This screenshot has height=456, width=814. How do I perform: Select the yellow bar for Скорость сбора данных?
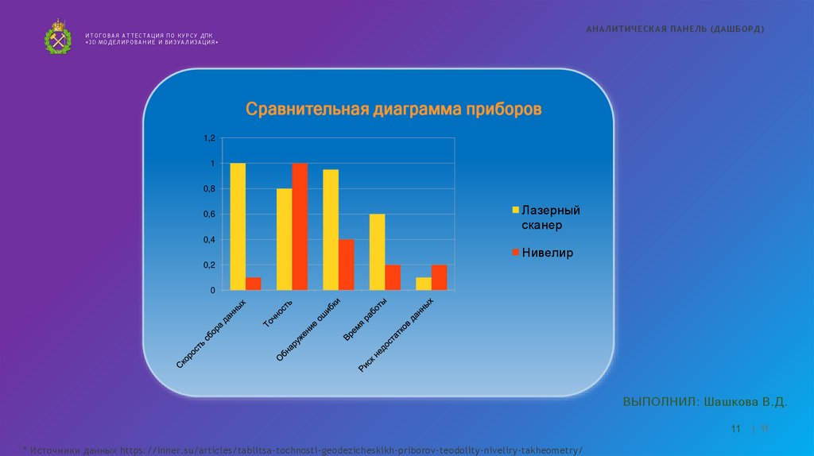(238, 226)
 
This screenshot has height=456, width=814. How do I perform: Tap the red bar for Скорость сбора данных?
(254, 284)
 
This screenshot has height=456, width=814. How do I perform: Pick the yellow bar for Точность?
(284, 239)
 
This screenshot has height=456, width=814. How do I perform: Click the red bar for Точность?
(300, 226)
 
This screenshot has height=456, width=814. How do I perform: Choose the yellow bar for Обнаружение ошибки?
(331, 230)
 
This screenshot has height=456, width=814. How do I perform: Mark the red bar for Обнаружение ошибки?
(347, 265)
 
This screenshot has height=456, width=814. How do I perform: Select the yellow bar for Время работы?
(377, 252)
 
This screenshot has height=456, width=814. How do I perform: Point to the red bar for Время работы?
(393, 277)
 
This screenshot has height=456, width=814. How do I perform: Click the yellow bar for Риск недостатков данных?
(424, 284)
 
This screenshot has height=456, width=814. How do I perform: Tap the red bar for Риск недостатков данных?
(440, 277)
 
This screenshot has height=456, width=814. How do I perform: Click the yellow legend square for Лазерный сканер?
(514, 211)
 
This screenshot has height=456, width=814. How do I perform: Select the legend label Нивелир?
(548, 253)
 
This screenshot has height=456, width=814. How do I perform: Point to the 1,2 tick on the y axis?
(209, 138)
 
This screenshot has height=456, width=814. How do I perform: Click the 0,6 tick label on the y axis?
(209, 214)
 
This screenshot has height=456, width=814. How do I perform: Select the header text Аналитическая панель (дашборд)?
(675, 29)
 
